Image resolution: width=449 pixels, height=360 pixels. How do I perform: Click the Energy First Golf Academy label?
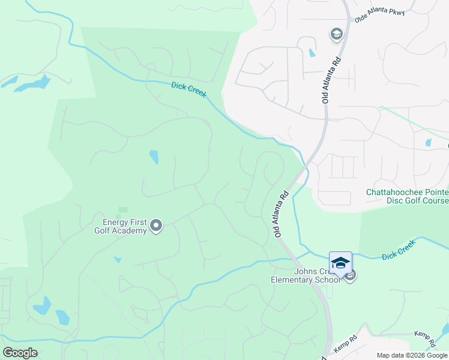[120, 226]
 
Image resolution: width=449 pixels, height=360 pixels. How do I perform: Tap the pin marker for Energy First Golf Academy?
[156, 226]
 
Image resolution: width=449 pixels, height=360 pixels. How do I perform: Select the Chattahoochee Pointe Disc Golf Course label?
[408, 196]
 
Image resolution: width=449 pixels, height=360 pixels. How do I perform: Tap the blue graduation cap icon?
[340, 262]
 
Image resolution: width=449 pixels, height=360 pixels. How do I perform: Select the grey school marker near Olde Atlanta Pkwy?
[336, 35]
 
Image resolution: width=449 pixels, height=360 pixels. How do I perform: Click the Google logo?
[20, 353]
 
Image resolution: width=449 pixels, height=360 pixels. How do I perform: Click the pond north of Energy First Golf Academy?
[154, 157]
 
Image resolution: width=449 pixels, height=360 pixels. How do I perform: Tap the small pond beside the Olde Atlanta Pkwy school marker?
[312, 52]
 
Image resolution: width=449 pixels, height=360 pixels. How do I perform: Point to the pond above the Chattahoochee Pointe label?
[427, 143]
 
